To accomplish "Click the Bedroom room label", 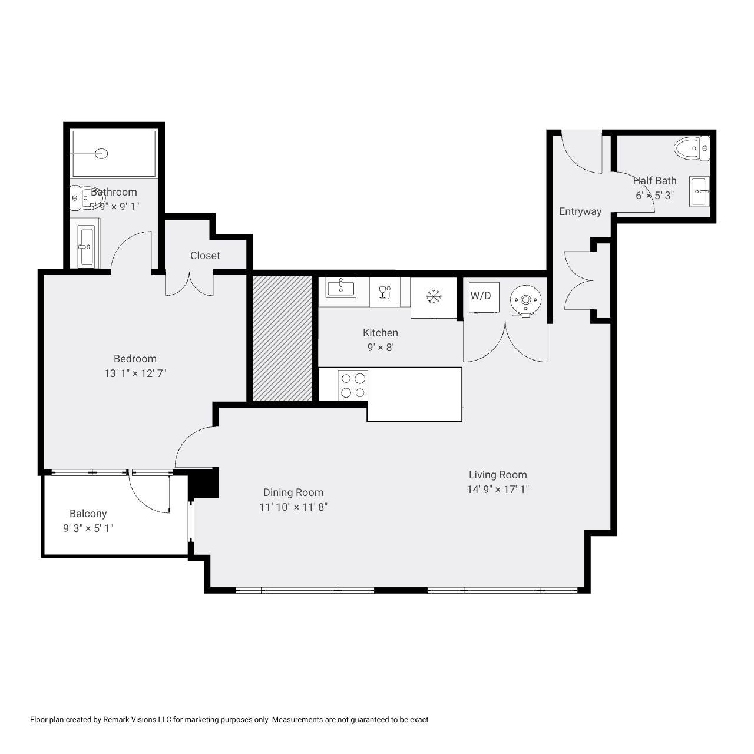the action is point(135,358).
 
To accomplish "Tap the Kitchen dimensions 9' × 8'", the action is point(381,347).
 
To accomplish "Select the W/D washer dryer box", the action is point(484,296).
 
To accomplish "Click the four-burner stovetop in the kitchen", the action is point(353,385).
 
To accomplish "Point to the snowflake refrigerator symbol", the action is point(434,296).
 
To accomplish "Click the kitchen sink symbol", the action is point(341,287).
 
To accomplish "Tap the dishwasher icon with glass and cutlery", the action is point(385,292).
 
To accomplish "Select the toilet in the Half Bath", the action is point(692,148).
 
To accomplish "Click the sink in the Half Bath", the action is point(699,191).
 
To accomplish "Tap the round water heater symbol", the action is point(526,300).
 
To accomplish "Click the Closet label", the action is point(205,256).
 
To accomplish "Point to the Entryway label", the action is point(580,211).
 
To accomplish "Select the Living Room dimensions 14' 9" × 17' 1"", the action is point(498,489).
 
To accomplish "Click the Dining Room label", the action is point(293,492).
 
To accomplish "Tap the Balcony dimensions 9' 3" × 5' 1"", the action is point(88,528).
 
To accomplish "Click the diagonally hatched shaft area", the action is point(282,339).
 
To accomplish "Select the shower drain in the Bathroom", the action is point(101,153).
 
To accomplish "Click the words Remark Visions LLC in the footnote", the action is point(137,720).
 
